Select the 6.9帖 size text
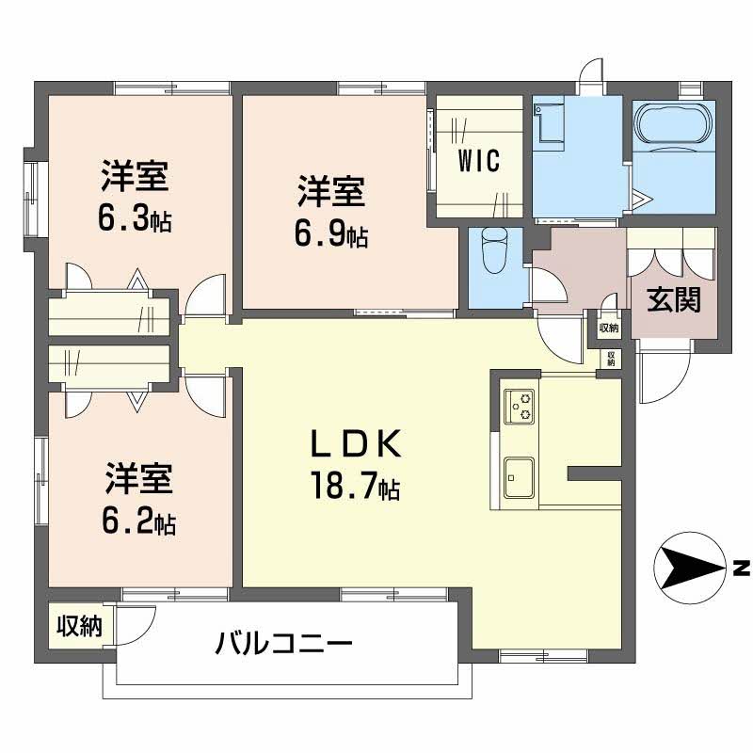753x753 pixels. pos(331,233)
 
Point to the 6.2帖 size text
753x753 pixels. pos(139,520)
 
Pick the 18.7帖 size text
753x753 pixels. pos(356,486)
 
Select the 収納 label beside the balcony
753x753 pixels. pos(79,626)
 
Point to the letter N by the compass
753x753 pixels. pos(741,569)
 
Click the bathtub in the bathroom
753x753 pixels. pos(674,123)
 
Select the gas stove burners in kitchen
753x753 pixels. pos(519,407)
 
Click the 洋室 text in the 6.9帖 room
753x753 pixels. pos(331,192)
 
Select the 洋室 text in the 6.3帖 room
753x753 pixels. pos(136,177)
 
